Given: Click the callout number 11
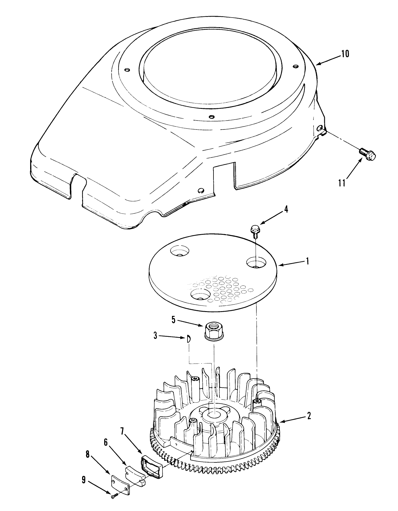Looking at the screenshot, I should tap(342, 182).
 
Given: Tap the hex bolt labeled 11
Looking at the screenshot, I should tap(367, 154).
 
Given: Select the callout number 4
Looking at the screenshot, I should tap(286, 209).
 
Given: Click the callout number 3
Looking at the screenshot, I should tap(155, 336).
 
